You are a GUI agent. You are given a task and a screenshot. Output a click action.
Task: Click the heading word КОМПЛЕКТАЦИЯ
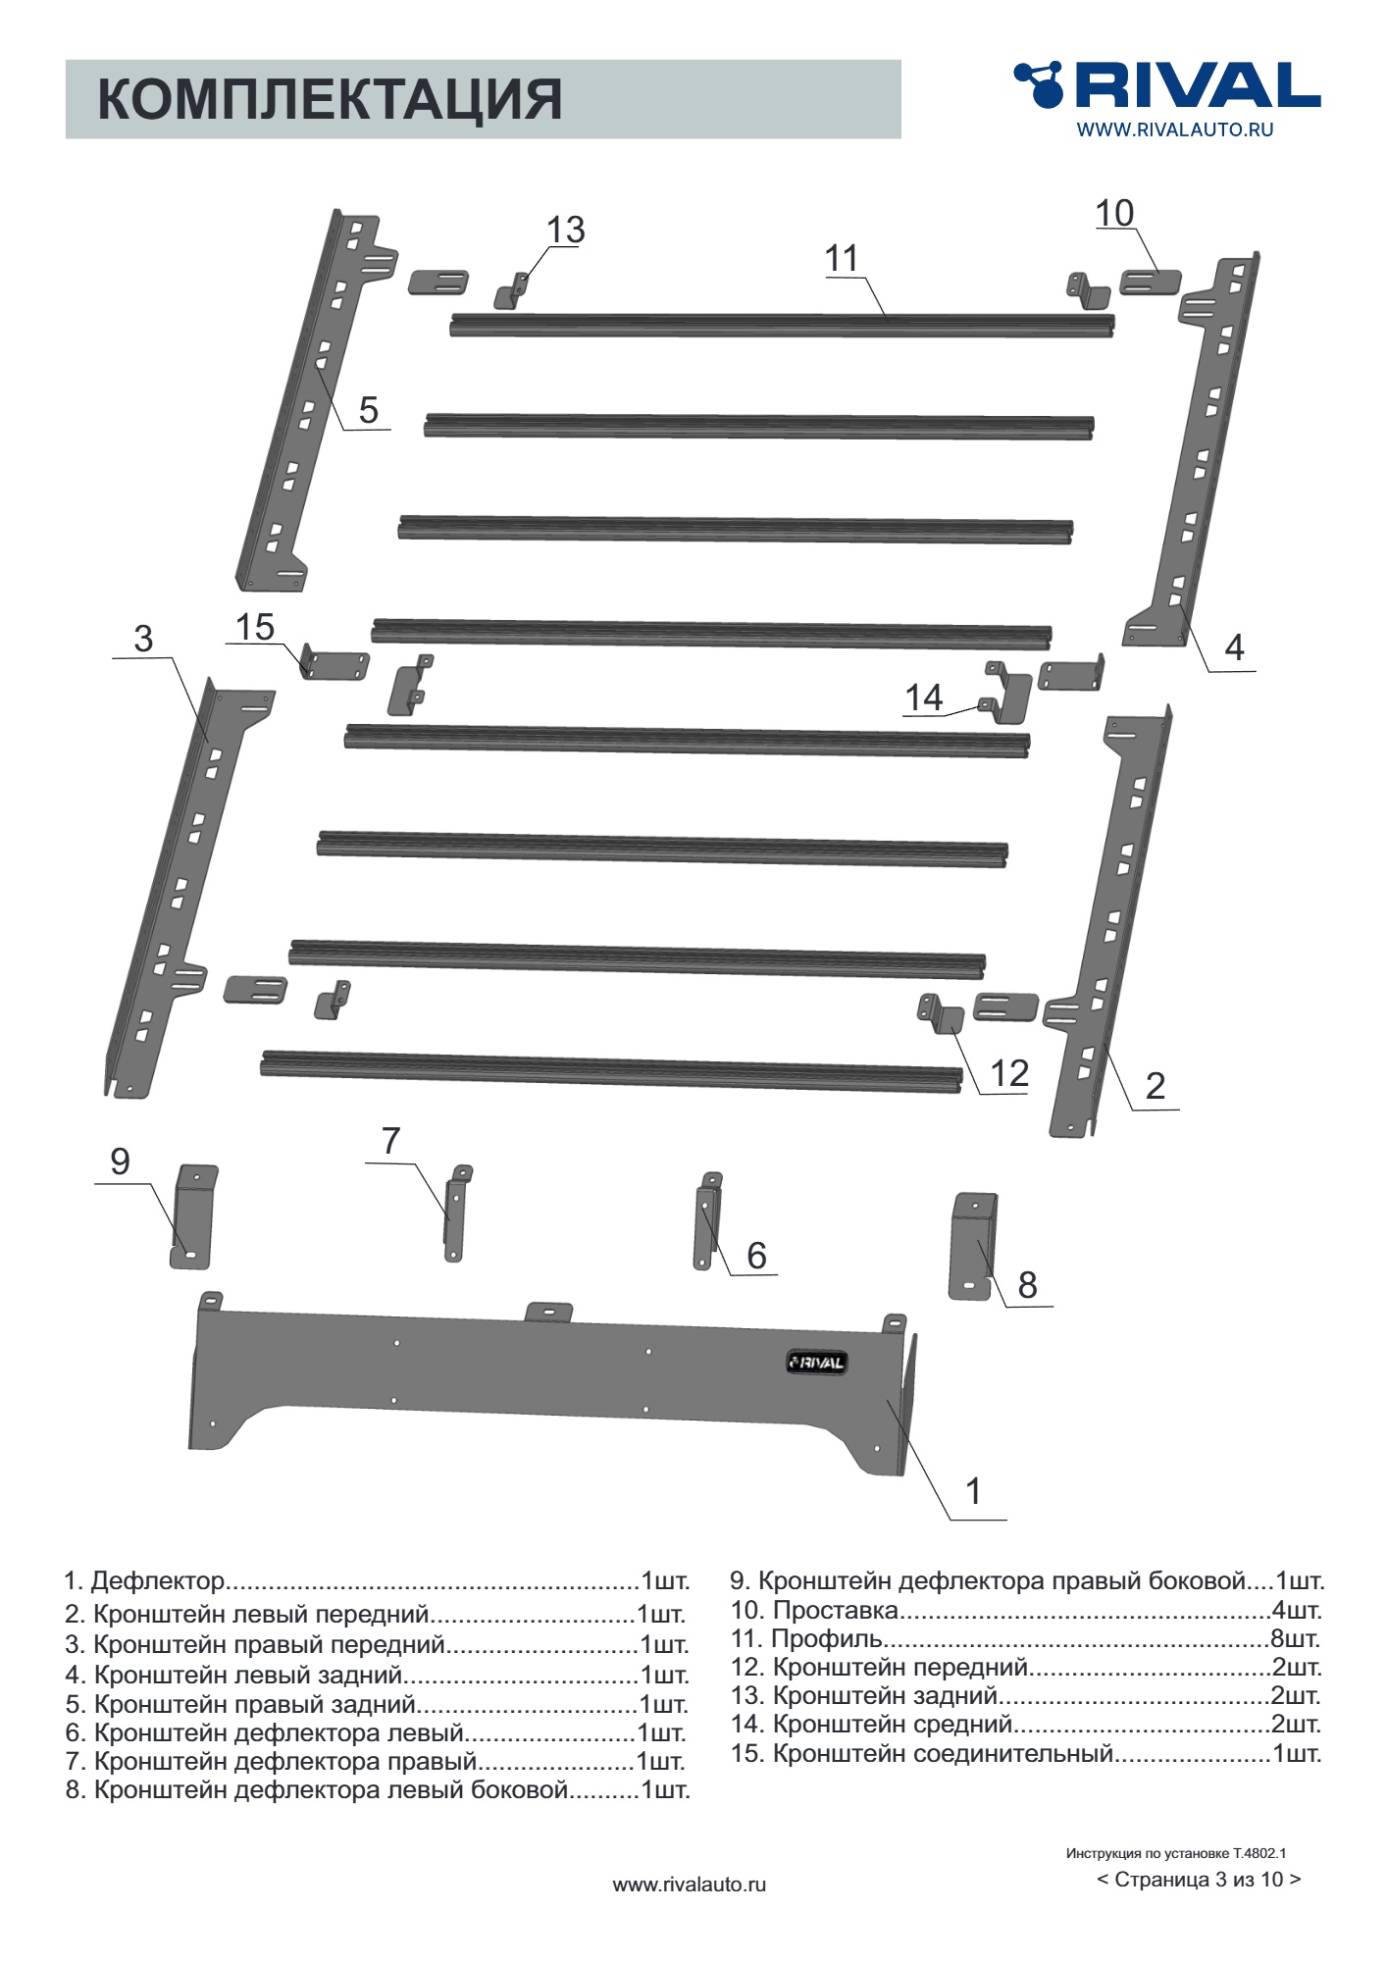[x=330, y=99]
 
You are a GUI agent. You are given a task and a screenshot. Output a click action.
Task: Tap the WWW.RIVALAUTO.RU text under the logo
[x=1174, y=129]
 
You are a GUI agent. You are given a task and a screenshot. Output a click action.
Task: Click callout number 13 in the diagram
[x=565, y=230]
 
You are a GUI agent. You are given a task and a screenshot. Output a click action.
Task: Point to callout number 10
[x=1114, y=213]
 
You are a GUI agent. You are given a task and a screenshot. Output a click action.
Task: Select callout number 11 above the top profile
[x=842, y=259]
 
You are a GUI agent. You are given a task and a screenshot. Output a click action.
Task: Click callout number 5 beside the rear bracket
[x=369, y=410]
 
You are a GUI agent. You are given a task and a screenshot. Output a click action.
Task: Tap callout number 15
[x=255, y=627]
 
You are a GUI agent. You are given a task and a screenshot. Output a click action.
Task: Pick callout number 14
[x=924, y=697]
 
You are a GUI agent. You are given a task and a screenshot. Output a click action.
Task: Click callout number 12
[x=1009, y=1073]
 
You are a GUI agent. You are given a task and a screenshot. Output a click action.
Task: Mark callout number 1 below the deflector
[x=973, y=1491]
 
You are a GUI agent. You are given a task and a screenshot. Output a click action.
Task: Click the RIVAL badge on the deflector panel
[x=816, y=1362]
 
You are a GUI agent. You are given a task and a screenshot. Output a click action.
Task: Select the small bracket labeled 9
[x=193, y=1216]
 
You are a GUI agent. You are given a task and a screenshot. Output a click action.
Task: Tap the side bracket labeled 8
[x=972, y=1246]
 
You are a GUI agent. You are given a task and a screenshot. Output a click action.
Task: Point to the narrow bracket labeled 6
[x=707, y=1221]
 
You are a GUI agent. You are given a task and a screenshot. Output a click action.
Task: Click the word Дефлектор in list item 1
[x=158, y=1580]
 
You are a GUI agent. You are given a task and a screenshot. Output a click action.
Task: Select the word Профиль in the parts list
[x=826, y=1638]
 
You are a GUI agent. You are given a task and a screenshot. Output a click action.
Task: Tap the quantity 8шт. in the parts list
[x=1296, y=1638]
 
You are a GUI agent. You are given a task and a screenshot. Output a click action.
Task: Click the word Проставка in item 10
[x=836, y=1610]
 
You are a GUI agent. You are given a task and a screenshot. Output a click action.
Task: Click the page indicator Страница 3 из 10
[x=1199, y=1880]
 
